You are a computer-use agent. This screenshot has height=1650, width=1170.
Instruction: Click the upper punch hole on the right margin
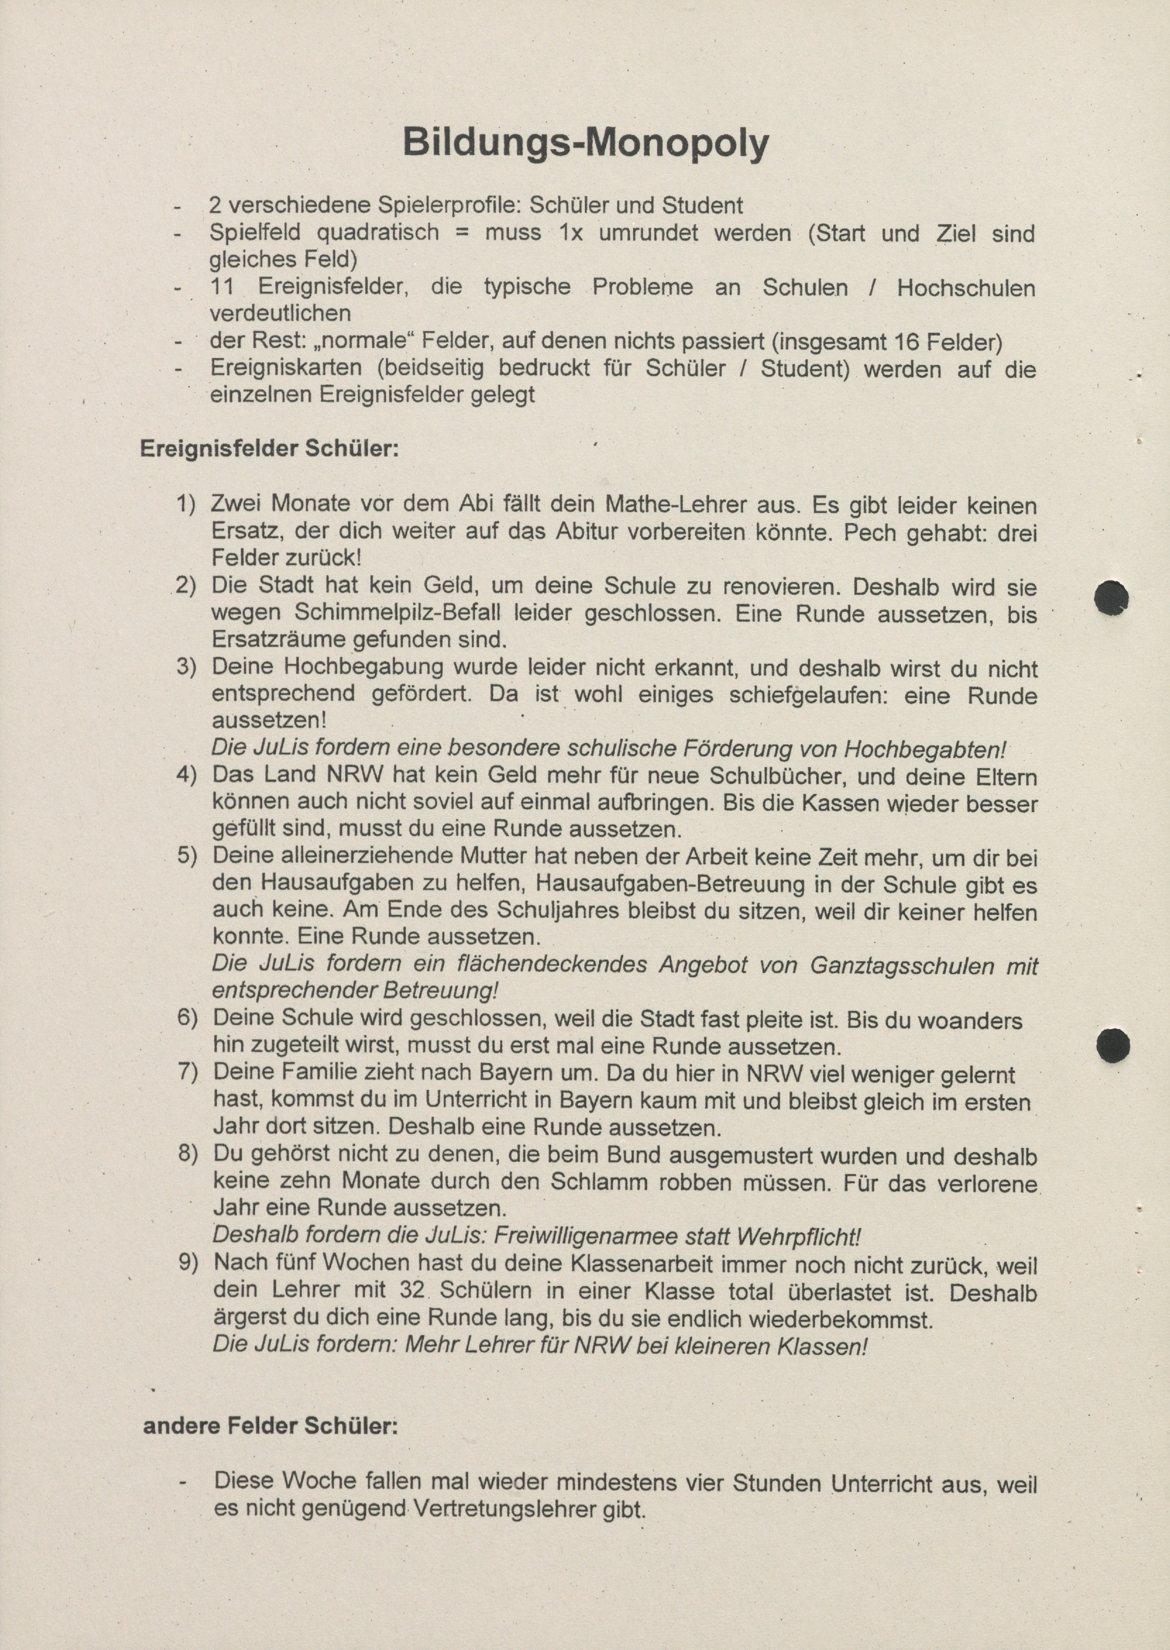(1111, 598)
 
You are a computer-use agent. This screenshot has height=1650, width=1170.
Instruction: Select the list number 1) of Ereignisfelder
(186, 503)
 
